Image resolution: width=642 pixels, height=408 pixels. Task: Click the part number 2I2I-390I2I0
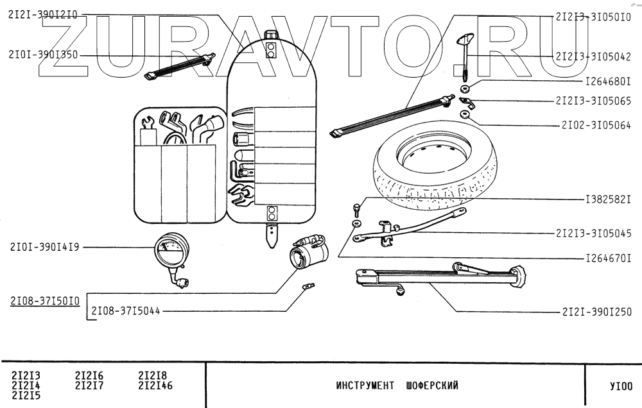(43, 16)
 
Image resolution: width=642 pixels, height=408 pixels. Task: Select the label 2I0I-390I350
(43, 55)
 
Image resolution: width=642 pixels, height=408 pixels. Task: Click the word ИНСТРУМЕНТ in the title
(364, 386)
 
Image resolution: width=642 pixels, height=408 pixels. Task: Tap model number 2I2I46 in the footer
(155, 386)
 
